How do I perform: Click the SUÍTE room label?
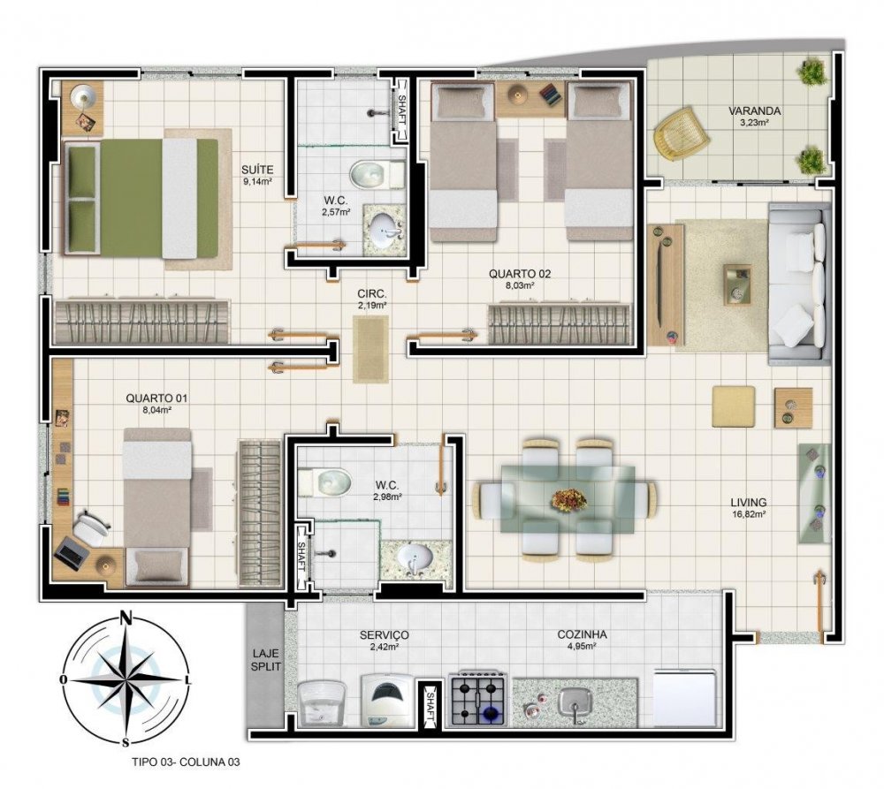point(257,170)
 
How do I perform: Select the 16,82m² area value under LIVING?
point(748,514)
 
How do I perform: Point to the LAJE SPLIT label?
point(265,660)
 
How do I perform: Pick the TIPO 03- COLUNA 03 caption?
point(186,762)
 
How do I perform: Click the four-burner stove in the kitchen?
point(477,699)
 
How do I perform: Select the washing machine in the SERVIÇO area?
point(386,701)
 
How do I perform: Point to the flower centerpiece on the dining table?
point(568,499)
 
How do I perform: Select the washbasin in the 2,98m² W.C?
point(415,558)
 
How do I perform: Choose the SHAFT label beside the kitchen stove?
point(431,703)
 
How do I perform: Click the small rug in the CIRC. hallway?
point(370,349)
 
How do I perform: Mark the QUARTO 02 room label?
point(520,274)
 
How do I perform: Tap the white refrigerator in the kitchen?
point(684,698)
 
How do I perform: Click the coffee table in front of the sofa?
point(737,285)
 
